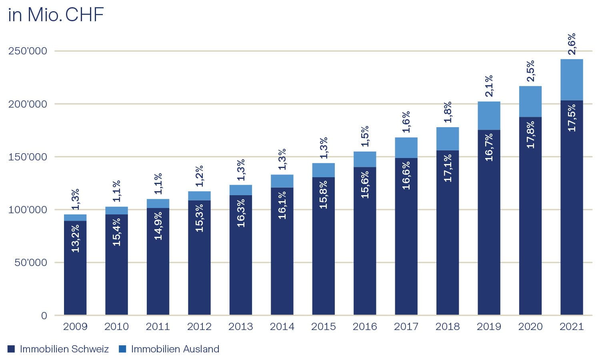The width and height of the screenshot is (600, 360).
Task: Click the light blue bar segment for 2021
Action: (x=571, y=80)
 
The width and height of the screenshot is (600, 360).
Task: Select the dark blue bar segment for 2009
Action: (x=75, y=280)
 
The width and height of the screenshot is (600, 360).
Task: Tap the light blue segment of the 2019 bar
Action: (x=489, y=116)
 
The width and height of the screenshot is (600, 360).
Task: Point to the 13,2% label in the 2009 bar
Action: (x=75, y=238)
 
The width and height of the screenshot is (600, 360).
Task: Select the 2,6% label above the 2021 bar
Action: (x=572, y=44)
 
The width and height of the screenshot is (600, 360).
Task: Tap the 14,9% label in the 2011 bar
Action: (x=158, y=226)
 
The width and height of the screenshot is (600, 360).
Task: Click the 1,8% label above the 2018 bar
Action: (x=448, y=112)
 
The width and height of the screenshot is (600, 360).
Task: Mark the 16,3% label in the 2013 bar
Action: (x=241, y=213)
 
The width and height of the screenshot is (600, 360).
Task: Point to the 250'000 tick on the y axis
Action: (x=28, y=51)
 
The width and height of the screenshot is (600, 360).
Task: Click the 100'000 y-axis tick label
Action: (x=28, y=210)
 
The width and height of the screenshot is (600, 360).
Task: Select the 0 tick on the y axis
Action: (x=44, y=316)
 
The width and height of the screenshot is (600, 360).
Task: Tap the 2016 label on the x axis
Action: (x=365, y=327)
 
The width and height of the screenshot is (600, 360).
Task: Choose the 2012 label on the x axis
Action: (x=199, y=327)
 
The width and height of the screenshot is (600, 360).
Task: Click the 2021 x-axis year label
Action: (x=572, y=327)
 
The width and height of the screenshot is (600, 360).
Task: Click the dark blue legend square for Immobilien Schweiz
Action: (x=11, y=349)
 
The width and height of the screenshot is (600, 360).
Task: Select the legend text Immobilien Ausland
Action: (x=175, y=349)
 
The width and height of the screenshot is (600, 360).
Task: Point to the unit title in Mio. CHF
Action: (x=56, y=15)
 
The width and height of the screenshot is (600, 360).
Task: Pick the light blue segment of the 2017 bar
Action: (x=406, y=148)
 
